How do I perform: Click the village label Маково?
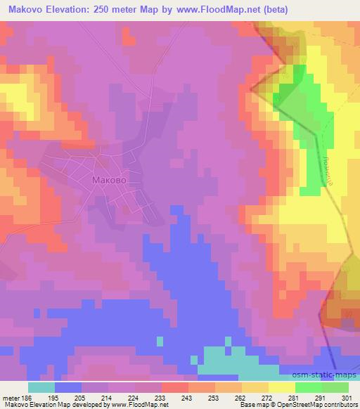109,180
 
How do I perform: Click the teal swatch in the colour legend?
41,387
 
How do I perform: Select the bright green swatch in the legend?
309,387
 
